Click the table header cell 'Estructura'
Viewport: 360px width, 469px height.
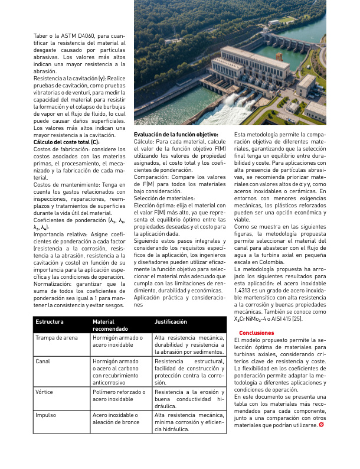pyautogui.click(x=50, y=322)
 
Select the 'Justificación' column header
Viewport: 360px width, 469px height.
pyautogui.click(x=171, y=322)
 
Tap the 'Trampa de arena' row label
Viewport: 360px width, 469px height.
pyautogui.click(x=57, y=338)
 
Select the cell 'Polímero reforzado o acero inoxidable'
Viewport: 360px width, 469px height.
pyautogui.click(x=119, y=395)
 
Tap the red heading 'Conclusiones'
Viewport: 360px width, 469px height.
pyautogui.click(x=252, y=333)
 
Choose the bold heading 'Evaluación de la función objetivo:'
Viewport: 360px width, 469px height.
pyautogui.click(x=176, y=135)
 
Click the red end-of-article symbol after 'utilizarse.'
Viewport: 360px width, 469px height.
pyautogui.click(x=322, y=424)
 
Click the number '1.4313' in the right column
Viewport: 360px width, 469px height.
pyautogui.click(x=244, y=292)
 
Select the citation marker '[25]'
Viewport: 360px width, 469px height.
pyautogui.click(x=297, y=319)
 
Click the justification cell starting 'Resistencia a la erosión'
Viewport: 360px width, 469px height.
pyautogui.click(x=189, y=399)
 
